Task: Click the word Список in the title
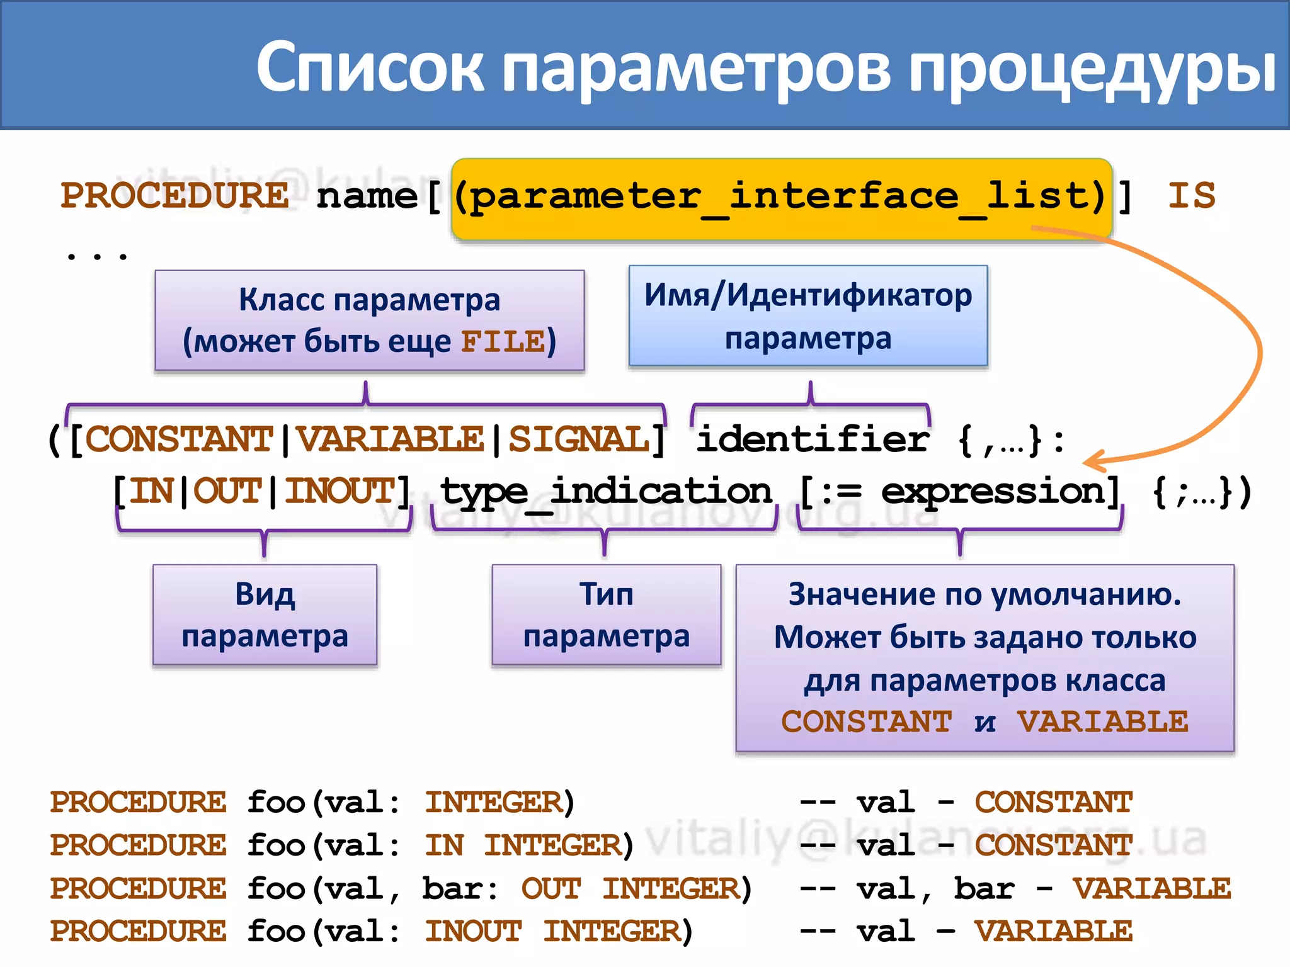pyautogui.click(x=370, y=67)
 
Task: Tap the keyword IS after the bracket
pyautogui.click(x=1191, y=195)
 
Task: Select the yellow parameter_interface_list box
pyautogui.click(x=782, y=198)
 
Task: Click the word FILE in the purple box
pyautogui.click(x=503, y=342)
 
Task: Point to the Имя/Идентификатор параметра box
pyautogui.click(x=808, y=315)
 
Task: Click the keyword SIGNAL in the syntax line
pyautogui.click(x=579, y=439)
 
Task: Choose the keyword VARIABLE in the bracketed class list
pyautogui.click(x=390, y=439)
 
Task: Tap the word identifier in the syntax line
pyautogui.click(x=813, y=439)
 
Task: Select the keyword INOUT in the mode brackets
pyautogui.click(x=340, y=490)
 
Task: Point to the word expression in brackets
pyautogui.click(x=993, y=492)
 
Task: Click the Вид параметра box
pyautogui.click(x=265, y=614)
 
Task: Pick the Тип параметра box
pyautogui.click(x=606, y=614)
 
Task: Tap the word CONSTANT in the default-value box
pyautogui.click(x=867, y=721)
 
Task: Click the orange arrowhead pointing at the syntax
pyautogui.click(x=1093, y=463)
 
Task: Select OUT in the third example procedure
pyautogui.click(x=551, y=888)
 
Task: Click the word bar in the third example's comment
pyautogui.click(x=983, y=888)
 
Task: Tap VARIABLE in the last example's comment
pyautogui.click(x=1053, y=931)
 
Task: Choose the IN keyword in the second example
pyautogui.click(x=444, y=845)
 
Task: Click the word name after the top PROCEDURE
pyautogui.click(x=367, y=196)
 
